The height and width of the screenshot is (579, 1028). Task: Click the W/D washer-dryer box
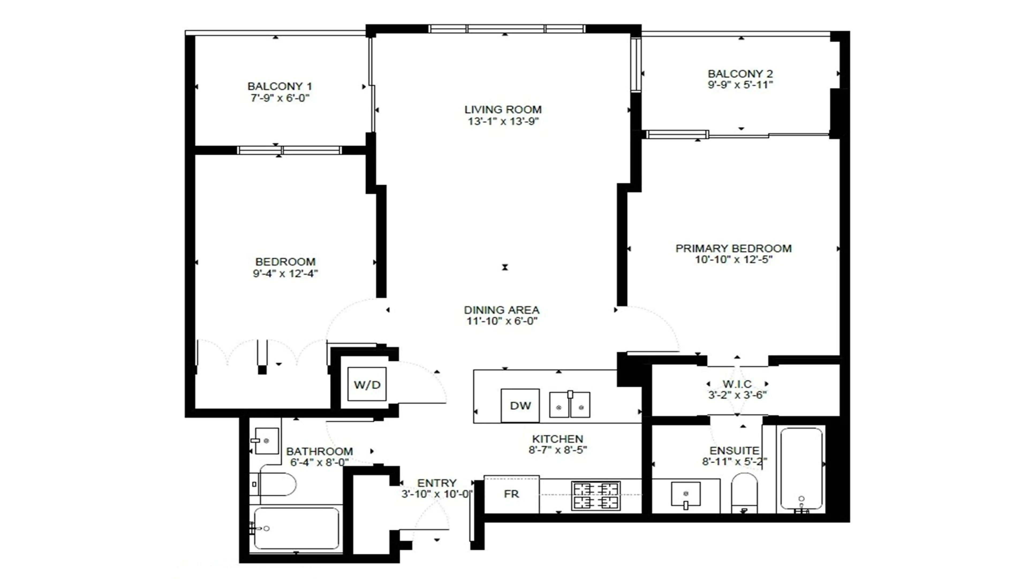367,384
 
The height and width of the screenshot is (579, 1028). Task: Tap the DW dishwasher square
520,406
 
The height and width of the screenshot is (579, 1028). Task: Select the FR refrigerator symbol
511,494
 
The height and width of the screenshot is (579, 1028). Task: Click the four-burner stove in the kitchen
596,495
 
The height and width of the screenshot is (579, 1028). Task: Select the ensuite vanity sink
686,494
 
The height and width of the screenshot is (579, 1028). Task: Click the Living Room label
503,109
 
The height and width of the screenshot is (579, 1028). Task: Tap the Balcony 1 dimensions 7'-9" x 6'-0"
280,98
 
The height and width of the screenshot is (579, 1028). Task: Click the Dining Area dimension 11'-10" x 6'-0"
502,321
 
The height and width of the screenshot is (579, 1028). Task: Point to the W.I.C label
737,384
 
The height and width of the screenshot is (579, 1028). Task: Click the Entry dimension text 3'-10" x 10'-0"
437,494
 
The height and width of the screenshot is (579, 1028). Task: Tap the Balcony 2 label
740,74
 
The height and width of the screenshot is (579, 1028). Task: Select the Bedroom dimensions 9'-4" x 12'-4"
285,274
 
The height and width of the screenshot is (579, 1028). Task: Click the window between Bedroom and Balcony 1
289,150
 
